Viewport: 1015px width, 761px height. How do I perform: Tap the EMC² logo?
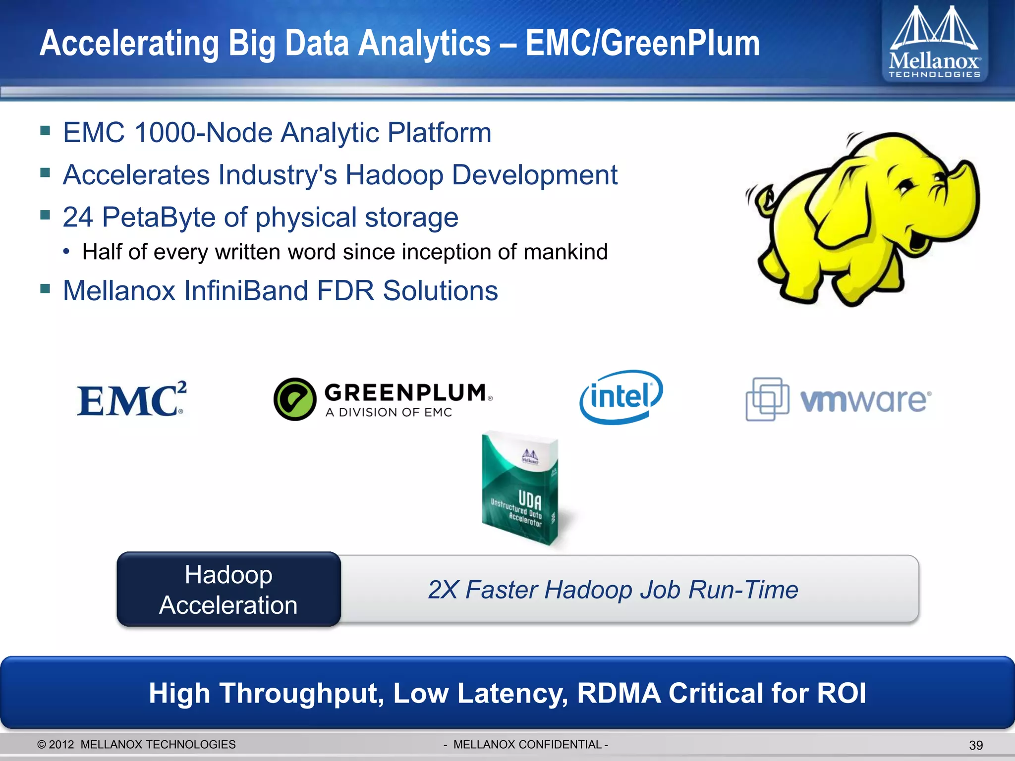[132, 399]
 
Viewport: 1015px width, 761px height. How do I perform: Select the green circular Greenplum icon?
[295, 399]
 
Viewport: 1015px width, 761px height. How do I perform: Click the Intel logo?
[621, 397]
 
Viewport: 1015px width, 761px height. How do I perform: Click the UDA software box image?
[520, 488]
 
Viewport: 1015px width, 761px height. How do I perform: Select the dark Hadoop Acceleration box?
[228, 590]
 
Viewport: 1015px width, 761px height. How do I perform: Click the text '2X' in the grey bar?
[443, 590]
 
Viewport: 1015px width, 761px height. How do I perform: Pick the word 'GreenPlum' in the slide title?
[642, 44]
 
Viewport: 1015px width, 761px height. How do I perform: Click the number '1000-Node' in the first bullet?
[203, 133]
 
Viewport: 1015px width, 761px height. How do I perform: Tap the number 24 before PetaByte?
[78, 217]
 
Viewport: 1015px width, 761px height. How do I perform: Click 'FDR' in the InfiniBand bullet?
[345, 291]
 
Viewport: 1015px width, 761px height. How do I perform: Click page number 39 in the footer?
[976, 745]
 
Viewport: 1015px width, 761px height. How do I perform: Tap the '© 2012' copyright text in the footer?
[56, 745]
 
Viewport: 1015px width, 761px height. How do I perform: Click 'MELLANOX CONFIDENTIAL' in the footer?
[527, 745]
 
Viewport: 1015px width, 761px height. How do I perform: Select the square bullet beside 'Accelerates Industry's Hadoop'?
[46, 173]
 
